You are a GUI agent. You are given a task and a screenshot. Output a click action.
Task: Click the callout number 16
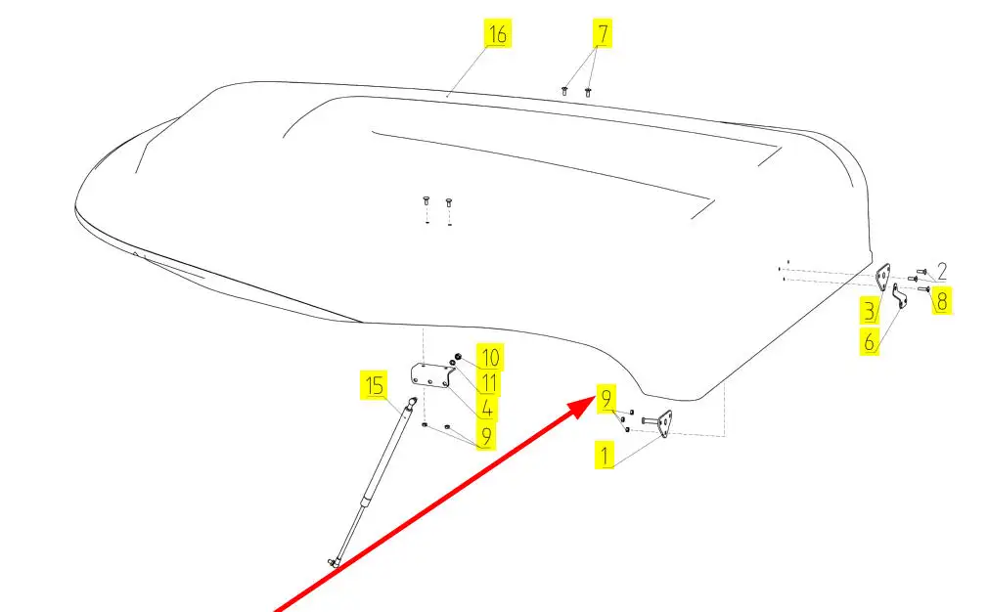click(497, 34)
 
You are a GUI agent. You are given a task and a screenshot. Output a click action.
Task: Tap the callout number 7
click(603, 34)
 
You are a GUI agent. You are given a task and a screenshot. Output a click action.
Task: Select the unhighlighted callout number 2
click(941, 272)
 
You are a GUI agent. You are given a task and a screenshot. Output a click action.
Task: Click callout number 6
click(869, 342)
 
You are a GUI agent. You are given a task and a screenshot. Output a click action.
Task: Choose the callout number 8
click(941, 300)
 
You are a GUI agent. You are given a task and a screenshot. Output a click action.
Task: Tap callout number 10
click(488, 357)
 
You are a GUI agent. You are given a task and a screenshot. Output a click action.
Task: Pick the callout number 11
click(488, 383)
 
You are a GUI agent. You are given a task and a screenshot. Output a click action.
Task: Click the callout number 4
click(486, 409)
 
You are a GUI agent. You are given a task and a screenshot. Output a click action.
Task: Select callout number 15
click(374, 386)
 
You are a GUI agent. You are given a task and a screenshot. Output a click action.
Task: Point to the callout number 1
click(606, 456)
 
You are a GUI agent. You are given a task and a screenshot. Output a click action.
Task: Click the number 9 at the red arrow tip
click(606, 399)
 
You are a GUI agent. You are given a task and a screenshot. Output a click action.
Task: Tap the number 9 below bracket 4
click(485, 436)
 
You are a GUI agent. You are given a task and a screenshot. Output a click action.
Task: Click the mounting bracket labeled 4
click(429, 374)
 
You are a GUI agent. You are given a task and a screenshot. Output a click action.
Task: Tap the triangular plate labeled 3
click(883, 278)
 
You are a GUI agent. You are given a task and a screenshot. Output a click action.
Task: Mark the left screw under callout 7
click(565, 90)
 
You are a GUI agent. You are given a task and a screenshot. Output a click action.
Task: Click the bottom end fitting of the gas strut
click(335, 561)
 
